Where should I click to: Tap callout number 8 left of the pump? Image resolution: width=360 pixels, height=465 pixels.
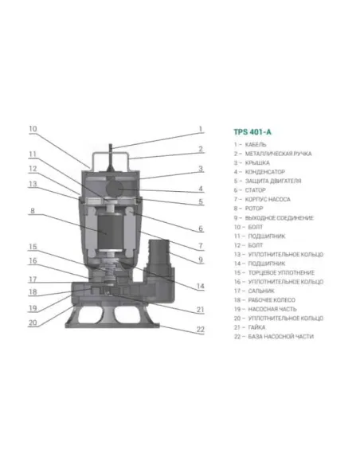(x=32, y=211)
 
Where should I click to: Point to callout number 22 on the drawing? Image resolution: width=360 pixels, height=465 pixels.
(x=201, y=329)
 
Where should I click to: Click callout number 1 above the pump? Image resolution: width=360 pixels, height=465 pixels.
(x=201, y=129)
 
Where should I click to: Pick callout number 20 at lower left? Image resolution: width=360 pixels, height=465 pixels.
(x=33, y=322)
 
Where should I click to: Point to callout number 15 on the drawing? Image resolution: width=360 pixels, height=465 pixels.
(x=33, y=246)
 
